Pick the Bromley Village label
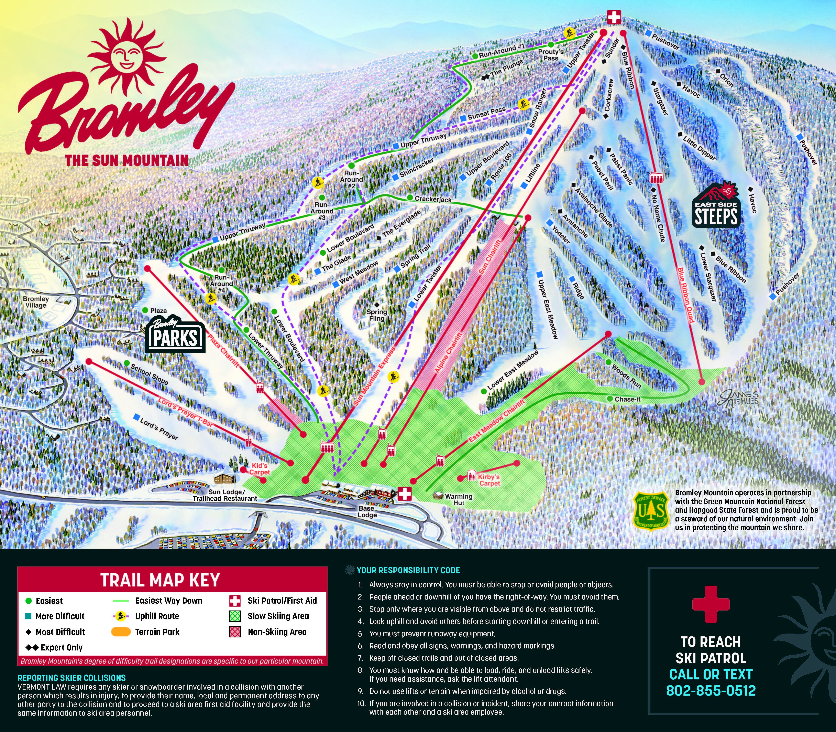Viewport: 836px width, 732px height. (36, 302)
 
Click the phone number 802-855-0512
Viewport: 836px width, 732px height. (711, 690)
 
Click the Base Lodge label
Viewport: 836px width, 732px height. (367, 511)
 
